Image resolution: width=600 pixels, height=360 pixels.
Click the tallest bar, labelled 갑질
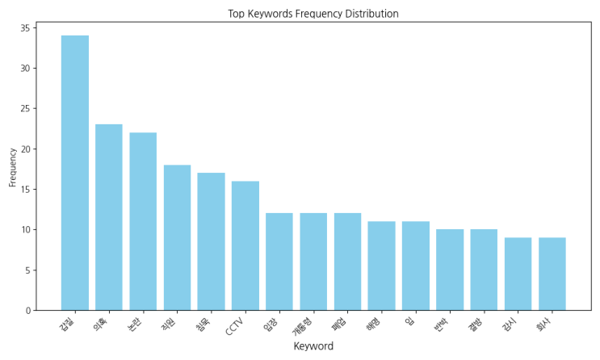click(75, 173)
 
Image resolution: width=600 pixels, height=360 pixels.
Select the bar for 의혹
click(109, 217)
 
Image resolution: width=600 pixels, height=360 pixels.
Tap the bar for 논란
click(143, 221)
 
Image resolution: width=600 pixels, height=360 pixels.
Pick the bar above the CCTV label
click(245, 245)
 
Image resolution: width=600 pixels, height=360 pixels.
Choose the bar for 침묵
click(211, 241)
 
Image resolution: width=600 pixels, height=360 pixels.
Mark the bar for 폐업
click(347, 262)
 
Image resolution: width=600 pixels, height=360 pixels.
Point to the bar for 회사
click(552, 274)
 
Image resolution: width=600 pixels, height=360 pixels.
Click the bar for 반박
click(450, 270)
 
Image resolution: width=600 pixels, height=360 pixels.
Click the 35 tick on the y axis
click(25, 28)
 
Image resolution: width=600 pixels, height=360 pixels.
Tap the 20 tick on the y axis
click(25, 149)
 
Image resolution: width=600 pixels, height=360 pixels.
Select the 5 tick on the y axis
click(27, 270)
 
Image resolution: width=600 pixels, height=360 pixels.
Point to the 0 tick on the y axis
click(27, 310)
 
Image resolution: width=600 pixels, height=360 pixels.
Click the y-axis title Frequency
click(12, 167)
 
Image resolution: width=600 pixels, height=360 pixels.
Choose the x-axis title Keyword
click(313, 346)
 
